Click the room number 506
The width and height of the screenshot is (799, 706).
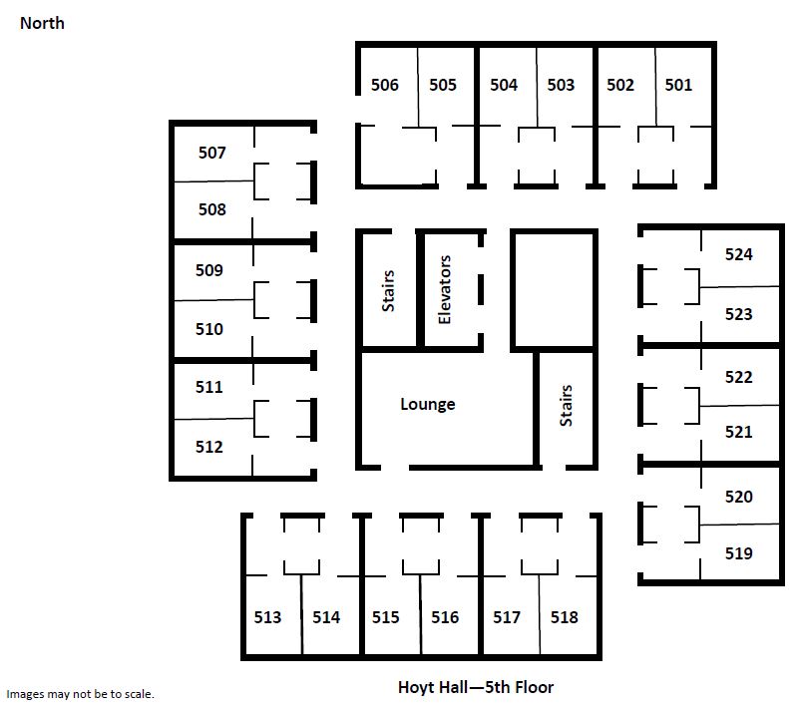coord(385,85)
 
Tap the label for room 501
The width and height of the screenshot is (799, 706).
coord(678,85)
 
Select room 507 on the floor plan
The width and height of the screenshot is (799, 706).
coord(212,153)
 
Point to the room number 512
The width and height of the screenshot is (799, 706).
coord(208,447)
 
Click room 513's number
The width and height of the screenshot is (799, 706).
coord(267,617)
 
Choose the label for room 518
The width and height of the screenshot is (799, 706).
coord(565,617)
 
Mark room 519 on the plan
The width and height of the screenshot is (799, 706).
coord(739,553)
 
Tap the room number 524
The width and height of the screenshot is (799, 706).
coord(739,254)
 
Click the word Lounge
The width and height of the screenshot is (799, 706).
coord(428,404)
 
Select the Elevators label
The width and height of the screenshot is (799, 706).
coord(444,289)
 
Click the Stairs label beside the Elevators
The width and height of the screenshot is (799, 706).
coord(388,291)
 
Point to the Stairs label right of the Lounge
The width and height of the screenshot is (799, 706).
coord(566,406)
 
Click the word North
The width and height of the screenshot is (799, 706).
coord(42,23)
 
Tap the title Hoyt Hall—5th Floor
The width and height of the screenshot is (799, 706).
coord(476,687)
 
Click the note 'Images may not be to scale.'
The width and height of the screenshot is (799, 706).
coord(80,694)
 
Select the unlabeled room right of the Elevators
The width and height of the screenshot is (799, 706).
coord(554,290)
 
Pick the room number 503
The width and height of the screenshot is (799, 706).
coord(561,85)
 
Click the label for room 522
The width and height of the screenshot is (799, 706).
coord(739,377)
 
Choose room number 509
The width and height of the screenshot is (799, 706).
coord(208,270)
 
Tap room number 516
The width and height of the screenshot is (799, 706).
coord(445,617)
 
